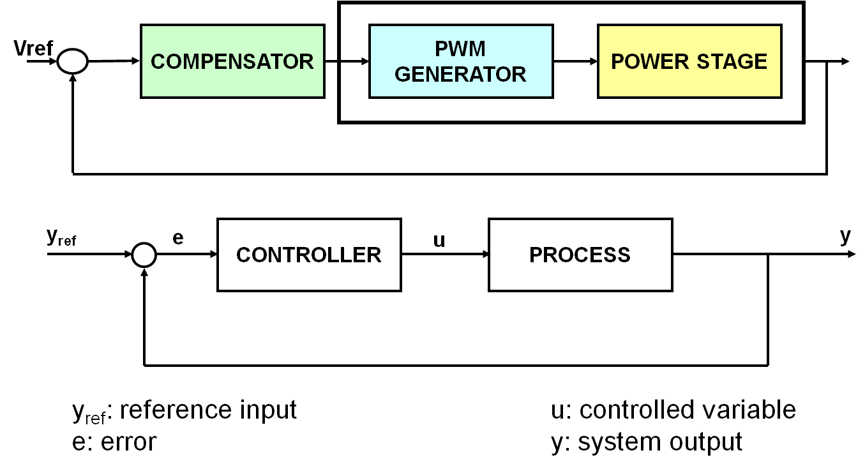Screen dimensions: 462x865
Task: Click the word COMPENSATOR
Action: pyautogui.click(x=232, y=62)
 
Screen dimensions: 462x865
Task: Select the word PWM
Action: pyautogui.click(x=460, y=49)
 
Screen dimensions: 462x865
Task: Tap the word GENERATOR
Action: pyautogui.click(x=460, y=75)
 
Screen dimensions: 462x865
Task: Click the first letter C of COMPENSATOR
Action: pyautogui.click(x=158, y=62)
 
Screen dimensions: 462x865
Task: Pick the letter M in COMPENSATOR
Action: pyautogui.click(x=190, y=62)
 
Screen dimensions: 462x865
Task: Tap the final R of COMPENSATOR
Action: pyautogui.click(x=306, y=62)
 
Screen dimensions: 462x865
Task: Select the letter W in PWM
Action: pyautogui.click(x=460, y=49)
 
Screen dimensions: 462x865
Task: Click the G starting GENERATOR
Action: pyautogui.click(x=402, y=75)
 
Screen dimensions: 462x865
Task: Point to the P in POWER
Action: pyautogui.click(x=617, y=62)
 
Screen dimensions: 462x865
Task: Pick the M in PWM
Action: pyautogui.click(x=477, y=49)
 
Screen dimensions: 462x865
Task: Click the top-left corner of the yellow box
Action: pyautogui.click(x=599, y=26)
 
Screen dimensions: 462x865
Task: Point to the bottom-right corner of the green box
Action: pyautogui.click(x=322, y=96)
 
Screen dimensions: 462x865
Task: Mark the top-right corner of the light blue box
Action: pyautogui.click(x=551, y=26)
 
